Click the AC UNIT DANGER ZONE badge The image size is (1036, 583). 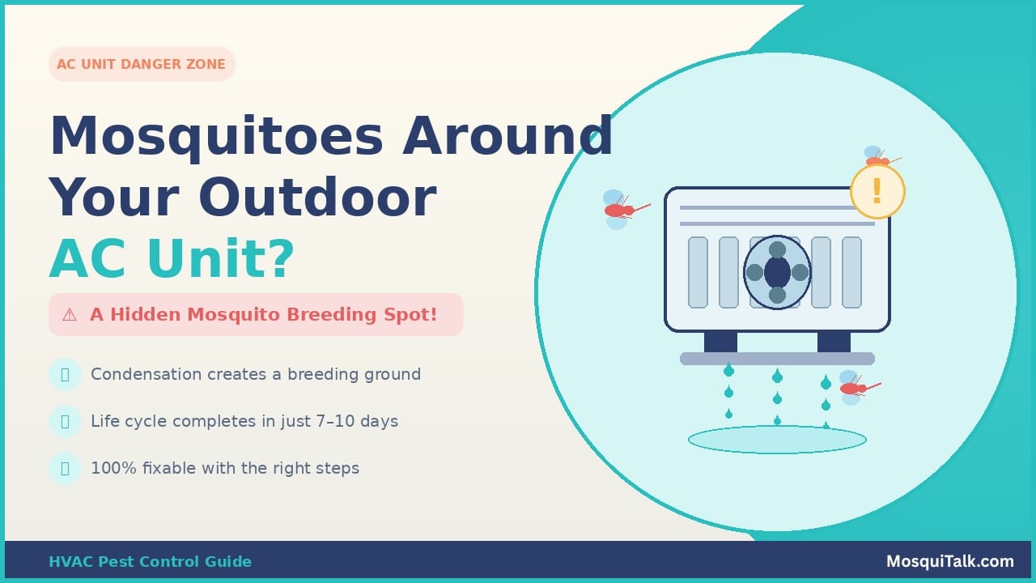pos(142,65)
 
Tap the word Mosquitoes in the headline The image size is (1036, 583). pos(216,136)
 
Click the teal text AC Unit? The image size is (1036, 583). pos(172,259)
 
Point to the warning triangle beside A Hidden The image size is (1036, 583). pos(70,315)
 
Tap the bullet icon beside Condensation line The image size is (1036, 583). pos(65,374)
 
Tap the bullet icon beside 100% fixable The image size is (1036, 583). pos(65,468)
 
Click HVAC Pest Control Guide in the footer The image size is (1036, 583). pos(150,562)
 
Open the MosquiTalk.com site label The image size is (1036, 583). pos(949,562)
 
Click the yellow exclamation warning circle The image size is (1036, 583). pos(877,192)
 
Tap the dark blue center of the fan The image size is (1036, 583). pos(777,272)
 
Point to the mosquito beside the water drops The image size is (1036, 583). pos(854,388)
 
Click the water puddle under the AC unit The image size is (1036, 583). pos(777,440)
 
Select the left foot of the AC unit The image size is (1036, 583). pos(720,342)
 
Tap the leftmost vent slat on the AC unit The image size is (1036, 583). pos(698,272)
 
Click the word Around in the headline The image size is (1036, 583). pos(508,136)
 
